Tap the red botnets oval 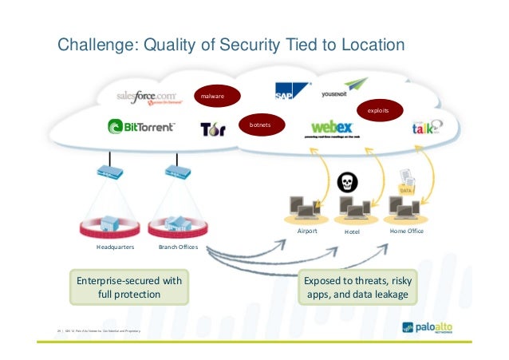[x=260, y=126]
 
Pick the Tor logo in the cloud [x=213, y=129]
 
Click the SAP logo [x=290, y=90]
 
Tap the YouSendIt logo [x=345, y=90]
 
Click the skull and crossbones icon [x=348, y=182]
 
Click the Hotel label [x=352, y=231]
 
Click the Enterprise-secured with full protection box [x=129, y=287]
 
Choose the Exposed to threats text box [x=357, y=287]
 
